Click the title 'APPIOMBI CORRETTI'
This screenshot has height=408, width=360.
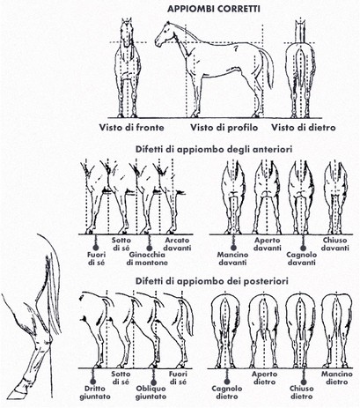[x=213, y=9]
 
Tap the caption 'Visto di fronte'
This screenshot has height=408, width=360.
[x=131, y=128]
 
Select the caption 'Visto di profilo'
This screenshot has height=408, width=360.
[x=224, y=128]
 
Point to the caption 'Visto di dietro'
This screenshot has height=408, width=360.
[x=303, y=128]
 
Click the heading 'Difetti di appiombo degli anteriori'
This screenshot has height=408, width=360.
[x=214, y=149]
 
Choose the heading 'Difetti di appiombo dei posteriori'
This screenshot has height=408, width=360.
[x=212, y=281]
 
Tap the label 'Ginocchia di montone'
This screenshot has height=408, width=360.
[x=147, y=258]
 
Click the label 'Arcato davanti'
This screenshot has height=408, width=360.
[x=177, y=244]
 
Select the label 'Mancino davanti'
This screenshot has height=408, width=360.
[x=232, y=258]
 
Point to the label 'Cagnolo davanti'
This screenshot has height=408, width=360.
[x=301, y=258]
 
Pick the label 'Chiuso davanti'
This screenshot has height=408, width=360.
[x=334, y=244]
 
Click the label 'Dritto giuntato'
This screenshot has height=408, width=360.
[x=95, y=392]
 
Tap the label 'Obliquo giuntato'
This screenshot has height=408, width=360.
[x=151, y=392]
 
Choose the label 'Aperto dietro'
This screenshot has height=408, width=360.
[x=264, y=378]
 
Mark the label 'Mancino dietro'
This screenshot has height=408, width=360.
[x=337, y=378]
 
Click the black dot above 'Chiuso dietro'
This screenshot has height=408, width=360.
[x=303, y=382]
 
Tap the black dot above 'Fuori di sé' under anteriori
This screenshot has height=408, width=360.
[x=96, y=248]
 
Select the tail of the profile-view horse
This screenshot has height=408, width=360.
[x=267, y=68]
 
